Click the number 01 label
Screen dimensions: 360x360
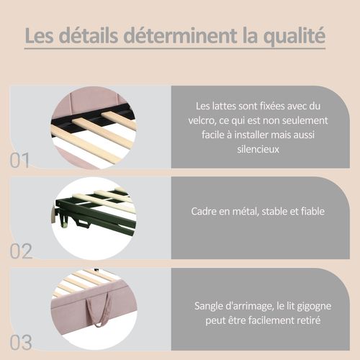pos(21,160)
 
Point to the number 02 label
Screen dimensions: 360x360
pos(21,251)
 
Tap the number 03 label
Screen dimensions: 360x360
pos(21,341)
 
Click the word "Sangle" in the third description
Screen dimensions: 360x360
pos(210,305)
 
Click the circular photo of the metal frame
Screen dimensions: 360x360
pos(94,216)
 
